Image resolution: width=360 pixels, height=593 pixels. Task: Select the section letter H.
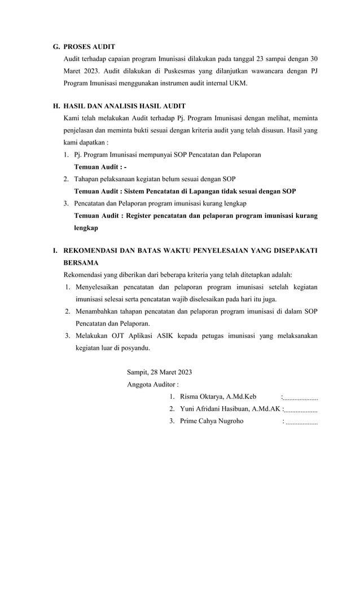click(x=56, y=106)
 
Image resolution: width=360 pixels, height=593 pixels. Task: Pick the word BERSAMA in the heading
click(x=81, y=262)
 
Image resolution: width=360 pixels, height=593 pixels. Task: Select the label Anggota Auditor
click(x=151, y=385)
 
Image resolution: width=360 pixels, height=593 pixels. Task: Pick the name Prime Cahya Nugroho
click(x=212, y=421)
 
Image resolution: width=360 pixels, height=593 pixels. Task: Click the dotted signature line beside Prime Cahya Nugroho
click(x=301, y=423)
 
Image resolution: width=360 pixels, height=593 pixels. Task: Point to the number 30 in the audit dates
click(x=314, y=59)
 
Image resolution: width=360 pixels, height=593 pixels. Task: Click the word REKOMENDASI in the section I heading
click(x=96, y=250)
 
